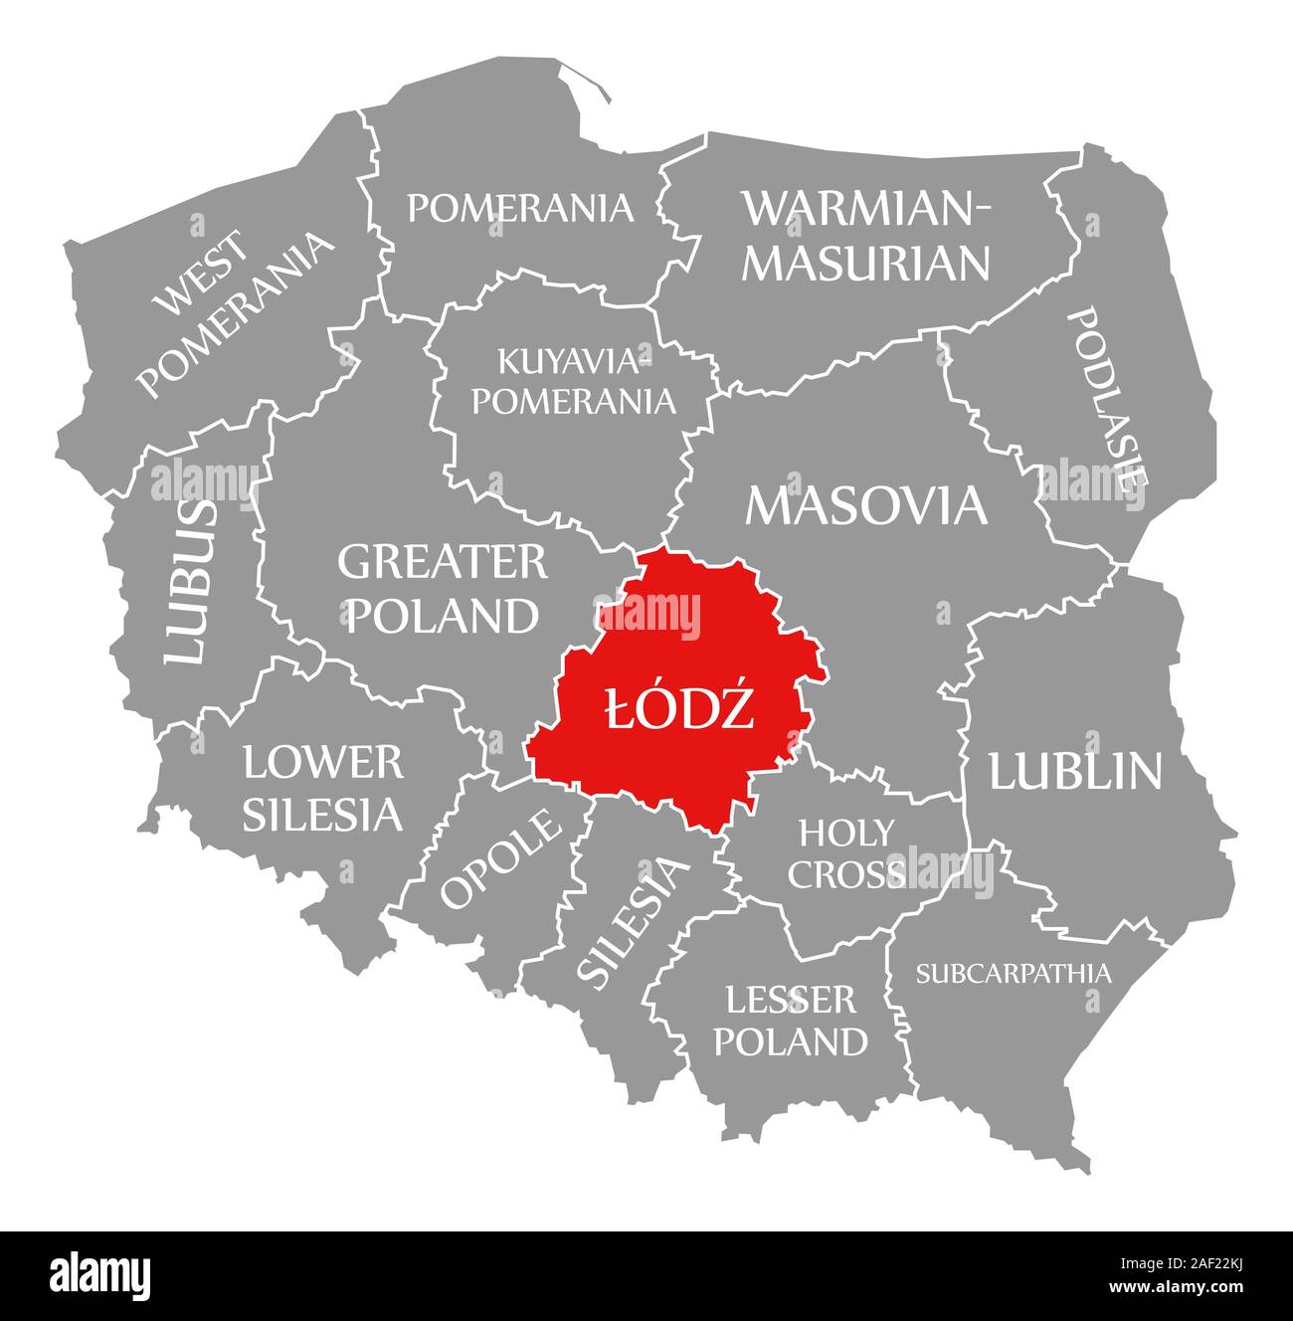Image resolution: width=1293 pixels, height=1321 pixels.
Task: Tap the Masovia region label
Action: coord(866,504)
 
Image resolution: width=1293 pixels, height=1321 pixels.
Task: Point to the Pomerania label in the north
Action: coord(520,208)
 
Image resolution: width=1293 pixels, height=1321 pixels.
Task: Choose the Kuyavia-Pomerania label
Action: coord(573,381)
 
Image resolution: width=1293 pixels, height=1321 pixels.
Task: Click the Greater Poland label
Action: coord(442,589)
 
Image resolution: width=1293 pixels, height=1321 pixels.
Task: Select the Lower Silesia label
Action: coord(323,789)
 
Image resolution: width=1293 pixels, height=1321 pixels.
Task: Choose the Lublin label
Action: coord(1074,771)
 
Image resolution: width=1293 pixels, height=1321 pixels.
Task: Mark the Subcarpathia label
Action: coord(1013,973)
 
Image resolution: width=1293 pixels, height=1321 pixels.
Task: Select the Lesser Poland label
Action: coord(791,1021)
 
